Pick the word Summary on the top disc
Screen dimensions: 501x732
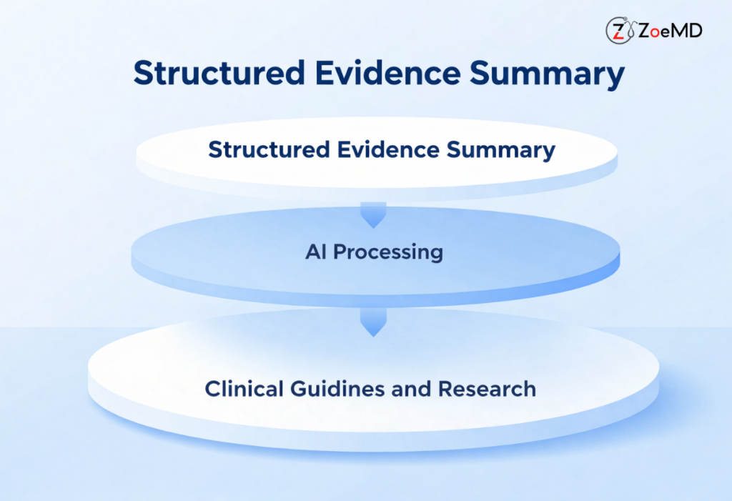pyautogui.click(x=501, y=150)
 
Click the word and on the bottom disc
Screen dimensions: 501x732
pyautogui.click(x=415, y=389)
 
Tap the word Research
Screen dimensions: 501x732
pyautogui.click(x=487, y=389)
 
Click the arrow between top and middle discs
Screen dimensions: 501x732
pyautogui.click(x=372, y=214)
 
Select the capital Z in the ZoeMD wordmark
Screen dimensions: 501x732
pyautogui.click(x=643, y=30)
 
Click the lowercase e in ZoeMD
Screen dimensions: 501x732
pyautogui.click(x=666, y=31)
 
